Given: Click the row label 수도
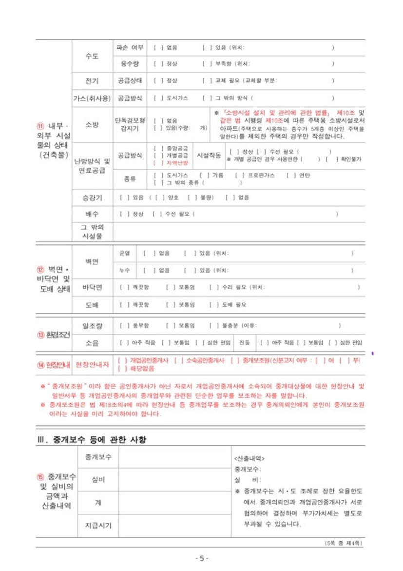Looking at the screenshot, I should click(x=92, y=56).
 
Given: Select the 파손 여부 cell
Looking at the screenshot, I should click(x=130, y=48).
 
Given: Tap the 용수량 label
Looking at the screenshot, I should click(x=130, y=63).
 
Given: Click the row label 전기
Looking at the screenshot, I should click(x=92, y=80).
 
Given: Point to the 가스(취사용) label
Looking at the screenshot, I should click(x=92, y=98).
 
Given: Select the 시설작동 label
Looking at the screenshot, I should click(x=209, y=155).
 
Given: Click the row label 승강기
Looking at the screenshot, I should click(x=92, y=197).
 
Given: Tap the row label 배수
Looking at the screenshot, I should click(x=92, y=214).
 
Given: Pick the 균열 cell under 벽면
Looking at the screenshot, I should click(x=124, y=254).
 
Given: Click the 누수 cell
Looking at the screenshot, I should click(x=124, y=270).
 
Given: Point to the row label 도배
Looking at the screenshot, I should click(x=92, y=305).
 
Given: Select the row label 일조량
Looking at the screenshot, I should click(x=92, y=325).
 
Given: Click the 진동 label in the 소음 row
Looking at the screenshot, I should click(x=245, y=342).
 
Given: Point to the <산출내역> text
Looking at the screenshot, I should click(x=249, y=458).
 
